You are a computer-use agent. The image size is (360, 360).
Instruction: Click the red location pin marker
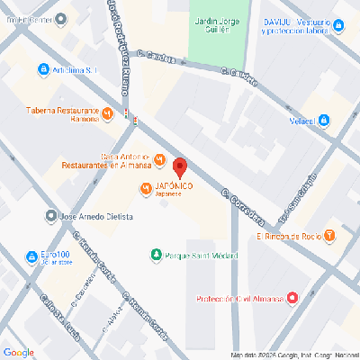(179, 167)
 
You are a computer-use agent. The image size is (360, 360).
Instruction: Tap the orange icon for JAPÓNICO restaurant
(145, 187)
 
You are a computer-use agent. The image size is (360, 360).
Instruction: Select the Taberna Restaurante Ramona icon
(108, 112)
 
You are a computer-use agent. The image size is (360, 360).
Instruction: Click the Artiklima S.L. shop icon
(42, 68)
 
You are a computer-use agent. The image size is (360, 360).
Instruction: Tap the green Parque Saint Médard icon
(157, 256)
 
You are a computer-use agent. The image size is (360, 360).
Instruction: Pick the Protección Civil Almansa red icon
(292, 300)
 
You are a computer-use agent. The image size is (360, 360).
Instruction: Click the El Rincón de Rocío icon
(330, 236)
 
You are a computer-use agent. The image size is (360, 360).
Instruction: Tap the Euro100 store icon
(32, 255)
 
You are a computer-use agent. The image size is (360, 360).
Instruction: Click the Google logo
(18, 350)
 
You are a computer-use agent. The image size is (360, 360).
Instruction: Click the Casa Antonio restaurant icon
(159, 160)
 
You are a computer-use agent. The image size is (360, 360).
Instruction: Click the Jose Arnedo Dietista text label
(96, 217)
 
